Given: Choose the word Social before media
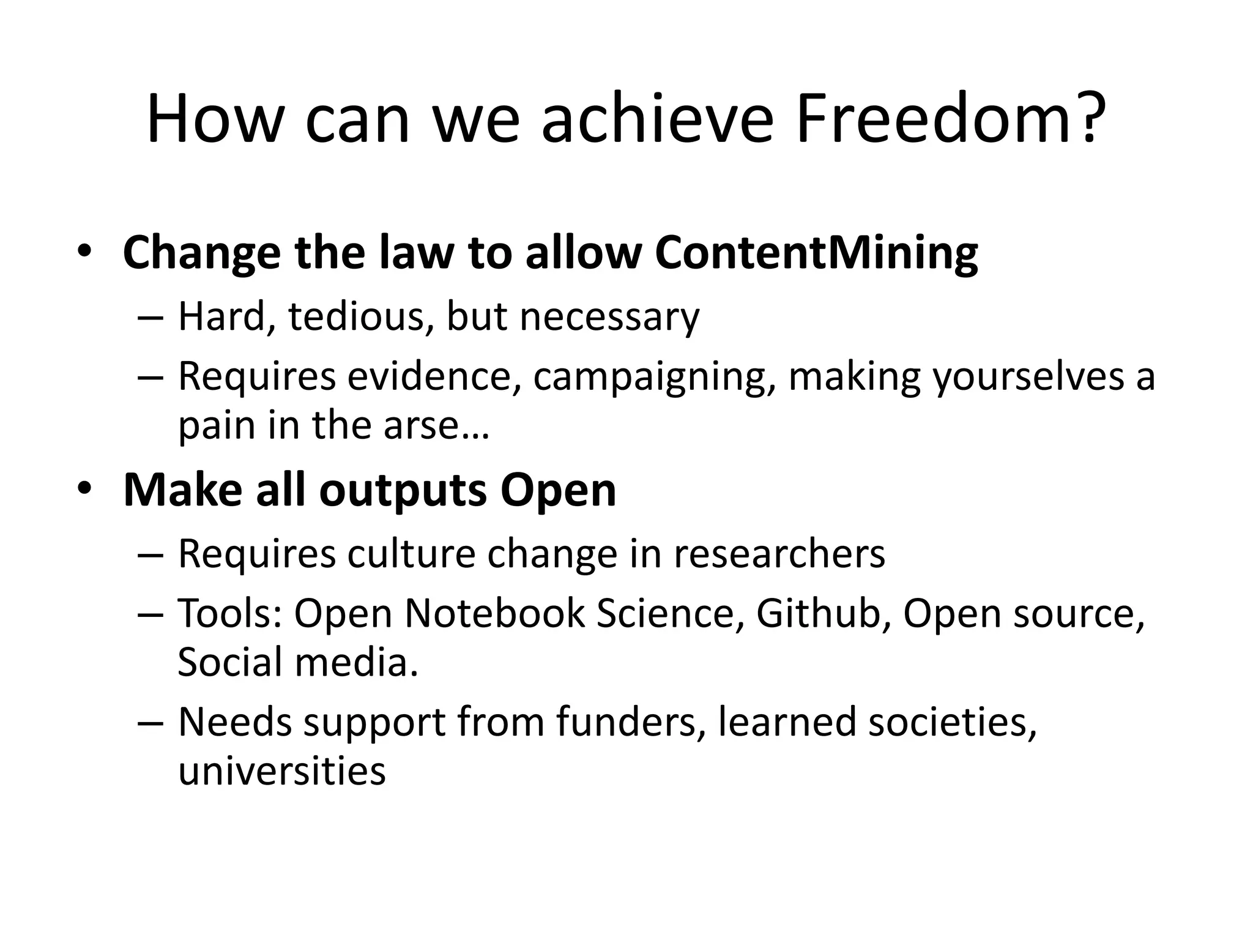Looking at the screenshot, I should [230, 662].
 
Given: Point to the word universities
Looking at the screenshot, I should [282, 770].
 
